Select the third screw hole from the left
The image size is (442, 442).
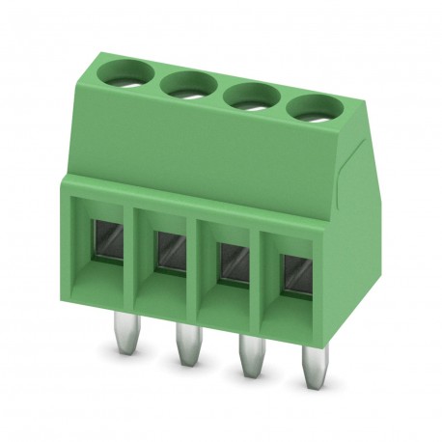point(251,96)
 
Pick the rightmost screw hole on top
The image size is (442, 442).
point(313,109)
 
